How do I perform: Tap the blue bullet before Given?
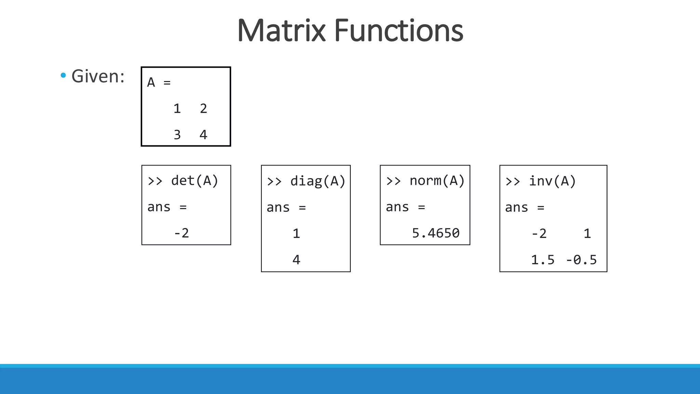click(63, 75)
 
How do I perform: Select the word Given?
click(98, 76)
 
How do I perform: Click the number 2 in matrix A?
click(203, 109)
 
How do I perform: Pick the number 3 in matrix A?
click(177, 135)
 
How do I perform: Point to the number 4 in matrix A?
click(203, 135)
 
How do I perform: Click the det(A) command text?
click(194, 181)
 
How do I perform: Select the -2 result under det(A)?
click(181, 233)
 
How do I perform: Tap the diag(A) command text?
click(318, 181)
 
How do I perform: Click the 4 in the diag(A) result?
click(296, 260)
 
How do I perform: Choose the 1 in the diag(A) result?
click(296, 234)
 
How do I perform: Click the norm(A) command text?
click(437, 181)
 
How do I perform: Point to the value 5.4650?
click(436, 233)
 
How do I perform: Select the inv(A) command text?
click(552, 181)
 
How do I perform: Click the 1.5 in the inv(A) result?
click(542, 260)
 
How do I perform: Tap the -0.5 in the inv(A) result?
click(581, 260)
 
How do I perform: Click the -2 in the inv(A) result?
click(539, 234)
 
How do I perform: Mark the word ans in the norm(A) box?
click(397, 207)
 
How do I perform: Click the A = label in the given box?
click(159, 83)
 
